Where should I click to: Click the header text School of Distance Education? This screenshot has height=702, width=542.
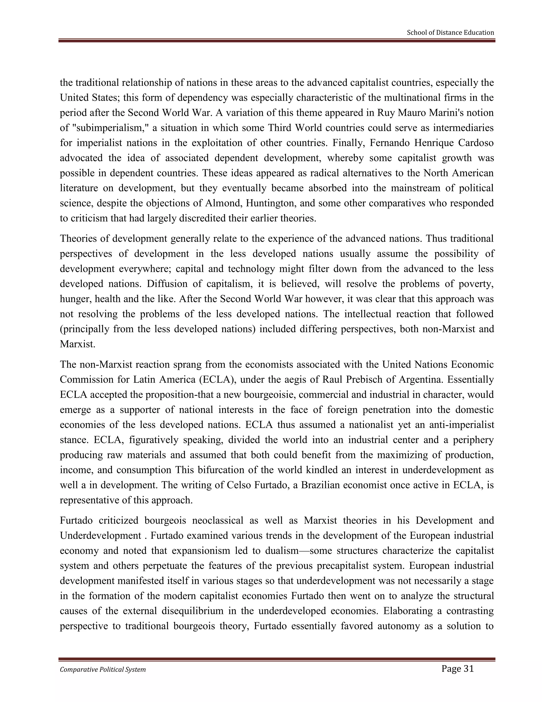pos(450,33)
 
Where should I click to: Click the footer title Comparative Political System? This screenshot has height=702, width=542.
pos(103,669)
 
